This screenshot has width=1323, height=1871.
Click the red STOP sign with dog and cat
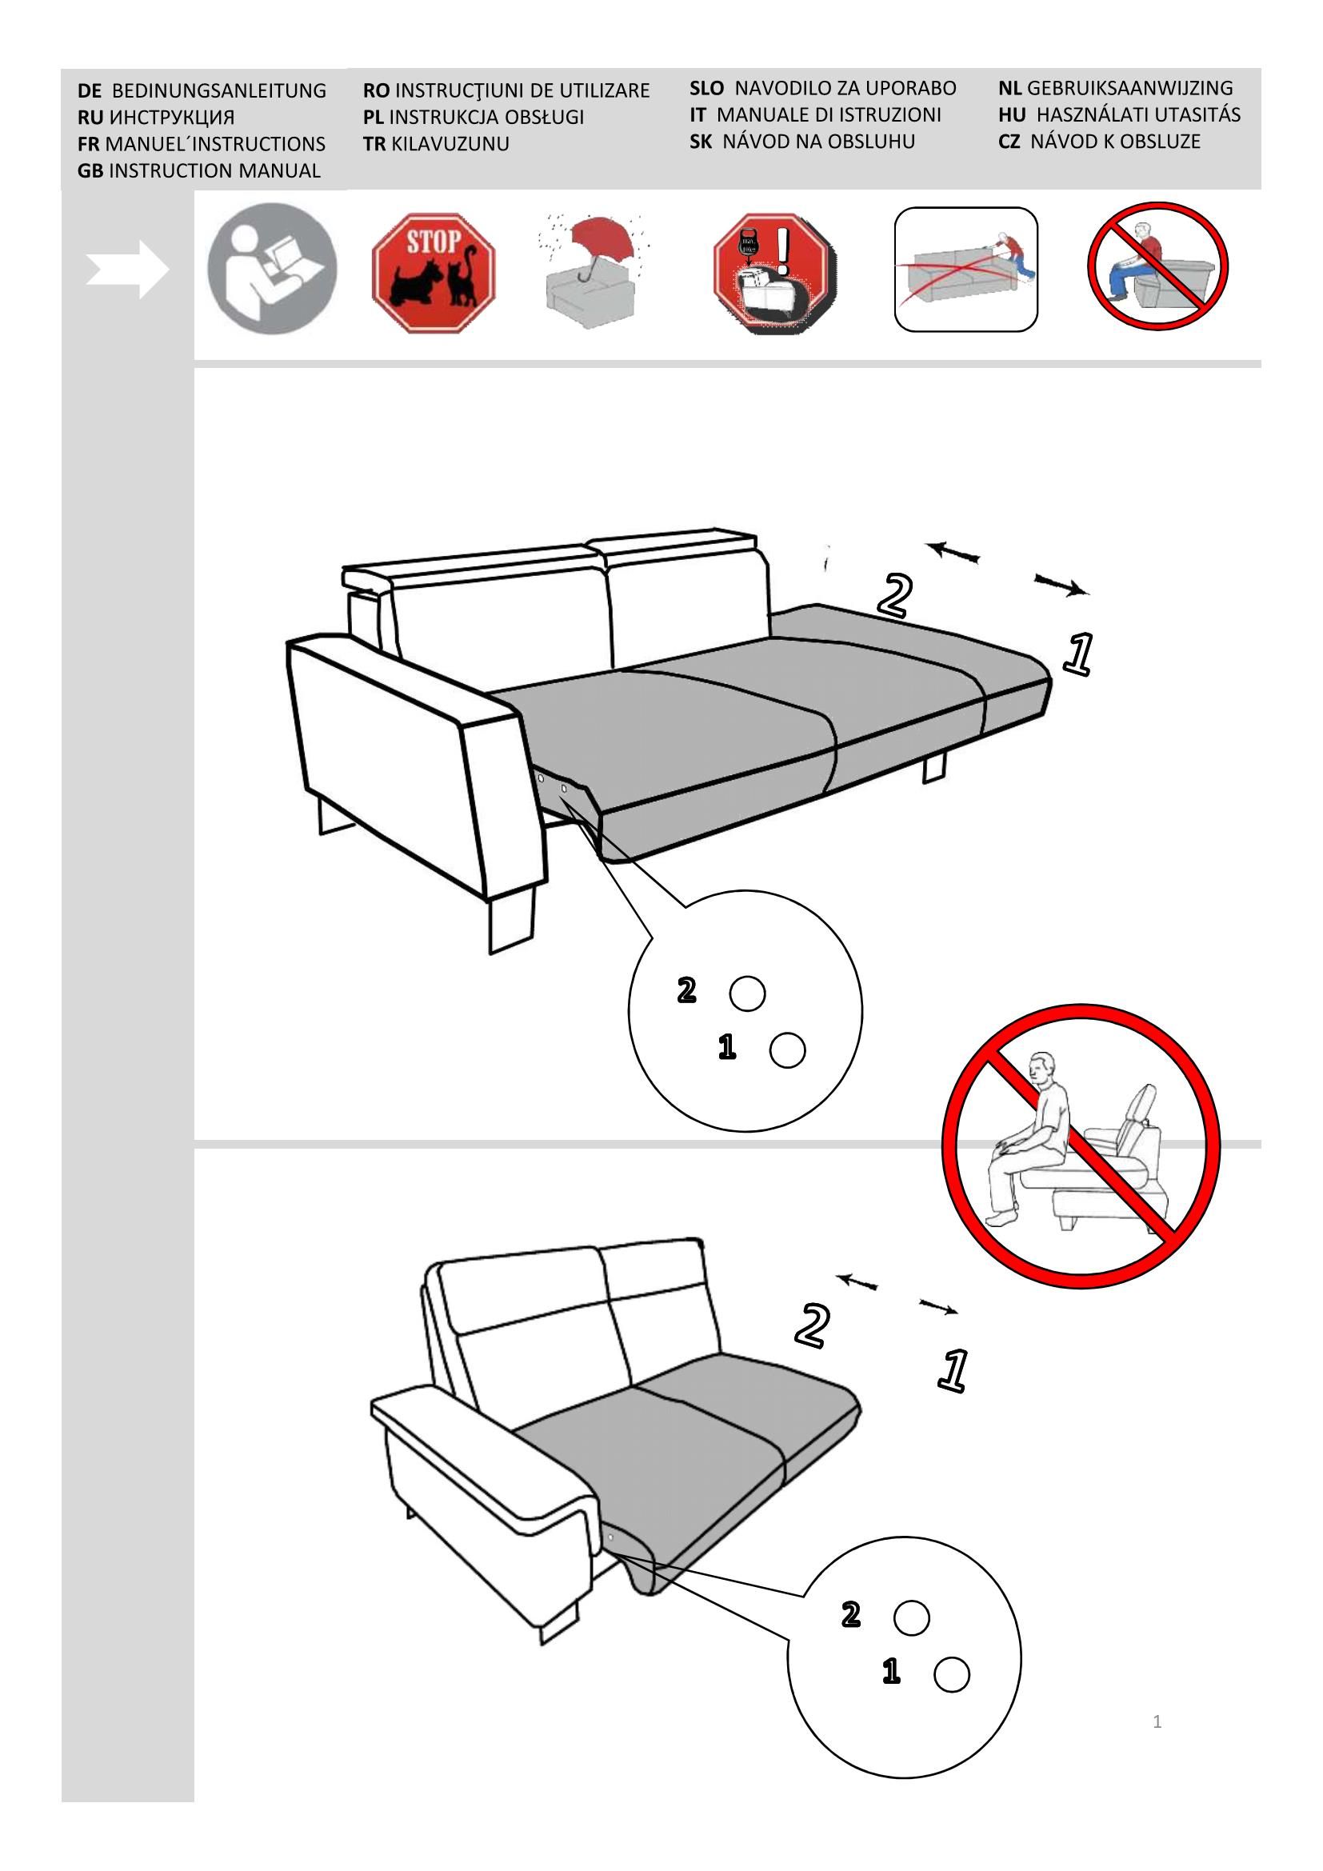434,273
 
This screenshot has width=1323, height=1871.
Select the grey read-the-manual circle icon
272,269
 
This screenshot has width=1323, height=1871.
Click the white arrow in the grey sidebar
128,269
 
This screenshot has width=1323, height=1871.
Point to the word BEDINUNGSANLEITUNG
219,90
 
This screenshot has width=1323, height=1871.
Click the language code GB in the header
90,171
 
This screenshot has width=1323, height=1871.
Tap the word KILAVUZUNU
450,144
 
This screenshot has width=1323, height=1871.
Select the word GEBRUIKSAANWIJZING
1130,88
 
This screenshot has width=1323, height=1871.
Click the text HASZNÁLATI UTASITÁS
1139,115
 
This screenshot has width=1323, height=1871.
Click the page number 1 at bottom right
1157,1722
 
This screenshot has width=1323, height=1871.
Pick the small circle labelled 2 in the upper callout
747,993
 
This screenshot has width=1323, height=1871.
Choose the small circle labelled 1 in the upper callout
787,1050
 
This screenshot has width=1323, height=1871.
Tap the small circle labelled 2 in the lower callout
912,1617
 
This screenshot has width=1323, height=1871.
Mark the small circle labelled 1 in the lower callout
952,1674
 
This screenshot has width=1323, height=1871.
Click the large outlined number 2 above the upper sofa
894,595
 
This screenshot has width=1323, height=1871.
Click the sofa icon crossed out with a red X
966,270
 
